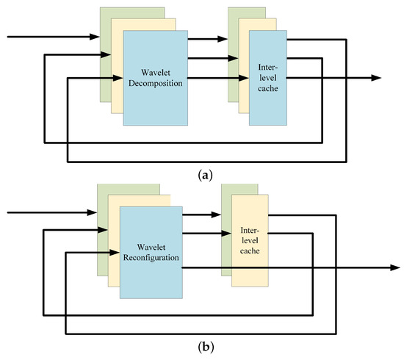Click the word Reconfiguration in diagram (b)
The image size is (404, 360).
tap(151, 259)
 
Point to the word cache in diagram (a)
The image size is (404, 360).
tap(267, 89)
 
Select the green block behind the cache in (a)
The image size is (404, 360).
tap(234, 44)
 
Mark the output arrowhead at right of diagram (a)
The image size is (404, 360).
tap(376, 77)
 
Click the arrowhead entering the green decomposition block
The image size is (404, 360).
tap(95, 35)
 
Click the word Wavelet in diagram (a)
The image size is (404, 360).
tap(154, 72)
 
